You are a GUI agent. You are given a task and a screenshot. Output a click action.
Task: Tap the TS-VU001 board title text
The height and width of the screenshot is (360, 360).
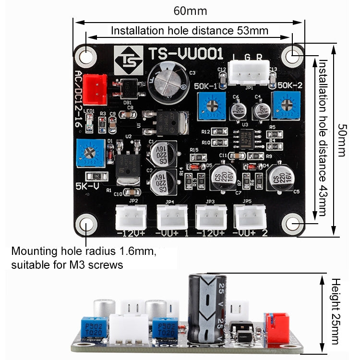(185, 53)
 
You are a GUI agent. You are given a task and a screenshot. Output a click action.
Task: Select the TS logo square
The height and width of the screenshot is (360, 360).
(128, 60)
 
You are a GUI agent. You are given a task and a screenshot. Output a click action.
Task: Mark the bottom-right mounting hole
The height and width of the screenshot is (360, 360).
(292, 224)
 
